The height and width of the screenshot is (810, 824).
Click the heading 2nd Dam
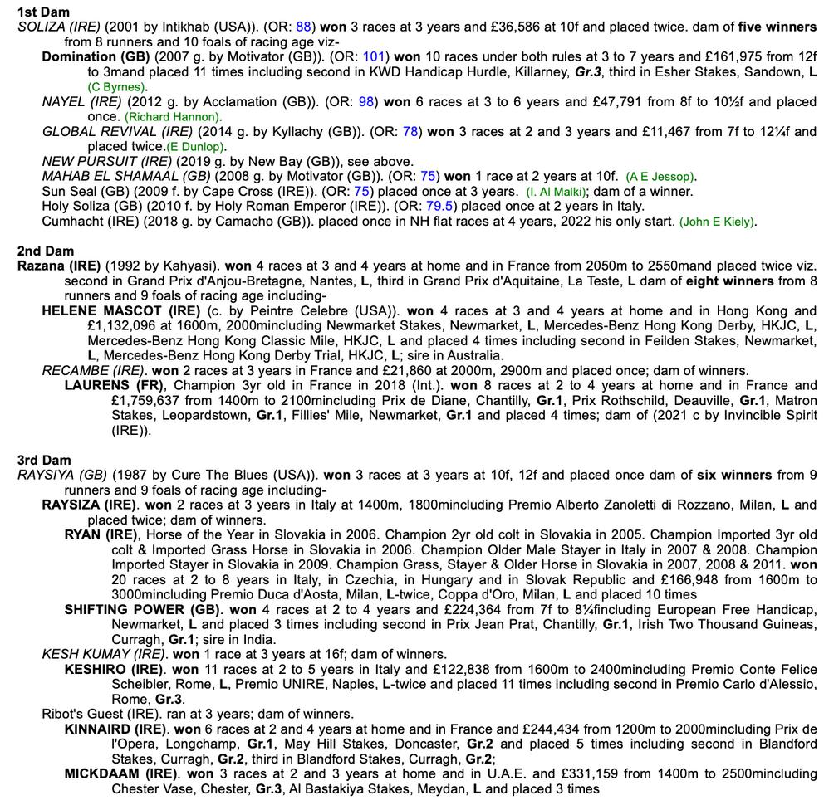46,251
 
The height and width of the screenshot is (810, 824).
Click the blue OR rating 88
303,27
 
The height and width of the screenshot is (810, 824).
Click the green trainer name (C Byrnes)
117,87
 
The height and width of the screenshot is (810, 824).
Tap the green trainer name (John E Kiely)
718,222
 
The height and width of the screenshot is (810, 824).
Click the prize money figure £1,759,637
151,400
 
